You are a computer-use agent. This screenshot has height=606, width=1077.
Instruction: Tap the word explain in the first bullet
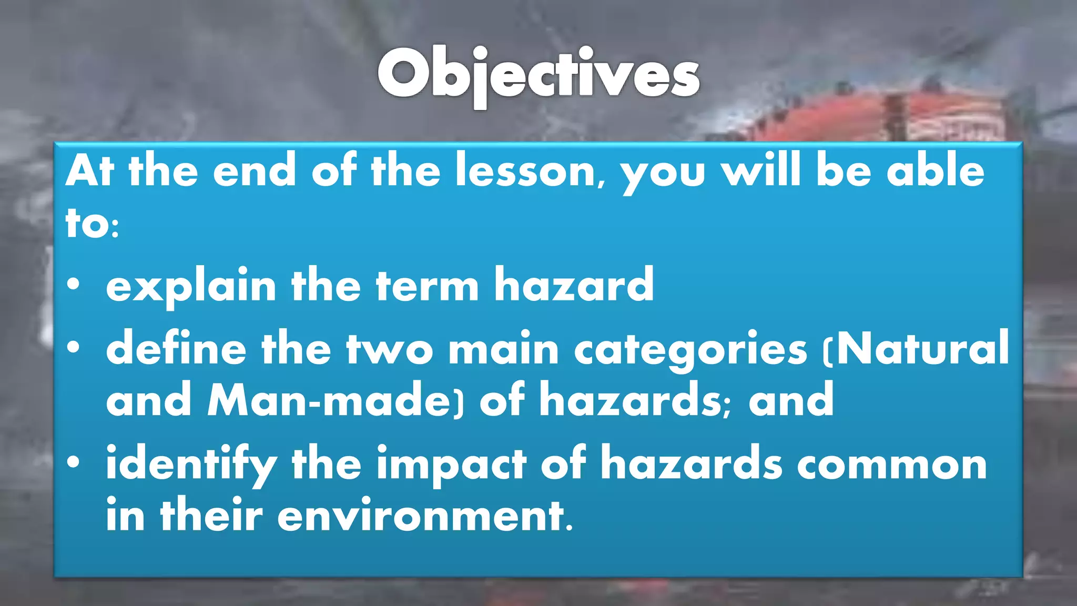191,285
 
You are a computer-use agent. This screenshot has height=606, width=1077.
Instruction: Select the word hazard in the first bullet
574,285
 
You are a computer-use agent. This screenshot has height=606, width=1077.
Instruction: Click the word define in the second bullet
176,349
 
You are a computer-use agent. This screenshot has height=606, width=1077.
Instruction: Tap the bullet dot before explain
74,285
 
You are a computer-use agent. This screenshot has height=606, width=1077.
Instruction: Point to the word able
936,171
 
